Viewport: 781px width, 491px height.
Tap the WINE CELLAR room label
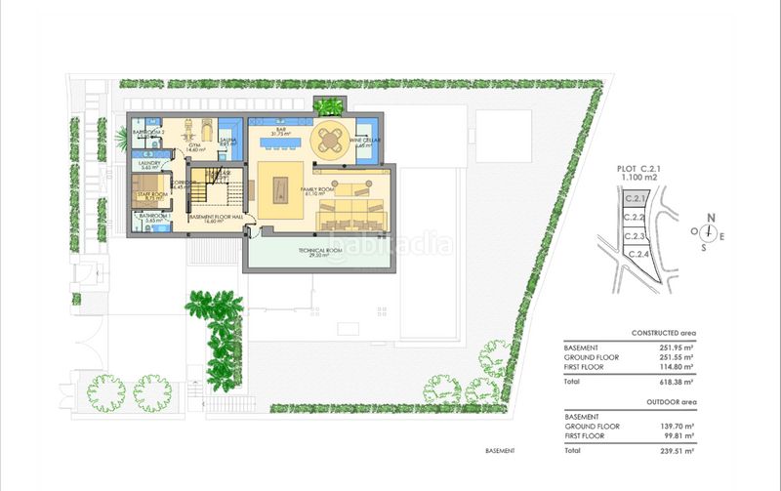click(364, 142)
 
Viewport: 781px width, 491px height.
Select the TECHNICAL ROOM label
click(317, 251)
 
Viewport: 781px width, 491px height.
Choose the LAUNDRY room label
click(149, 164)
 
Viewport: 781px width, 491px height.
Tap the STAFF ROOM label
click(149, 195)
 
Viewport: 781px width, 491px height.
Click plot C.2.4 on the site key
click(638, 255)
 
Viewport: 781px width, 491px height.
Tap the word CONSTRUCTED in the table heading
click(657, 333)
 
